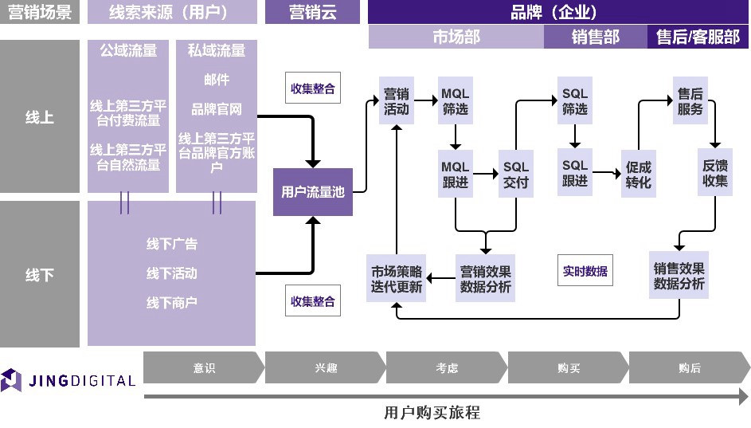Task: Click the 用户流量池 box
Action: pos(312,191)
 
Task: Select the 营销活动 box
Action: pos(396,101)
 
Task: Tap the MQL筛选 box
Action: pos(456,101)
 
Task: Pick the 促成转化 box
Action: pos(638,175)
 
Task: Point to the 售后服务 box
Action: pos(690,101)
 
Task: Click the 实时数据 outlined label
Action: pos(585,271)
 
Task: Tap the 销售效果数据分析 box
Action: pos(679,276)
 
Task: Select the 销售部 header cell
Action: pos(595,37)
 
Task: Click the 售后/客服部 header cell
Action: pos(698,37)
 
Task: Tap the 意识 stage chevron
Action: pos(203,368)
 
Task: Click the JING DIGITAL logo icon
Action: pos(11,380)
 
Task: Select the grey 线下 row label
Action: pos(40,274)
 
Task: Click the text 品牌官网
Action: pos(216,109)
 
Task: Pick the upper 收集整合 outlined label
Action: pos(313,88)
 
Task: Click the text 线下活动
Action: pos(171,273)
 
